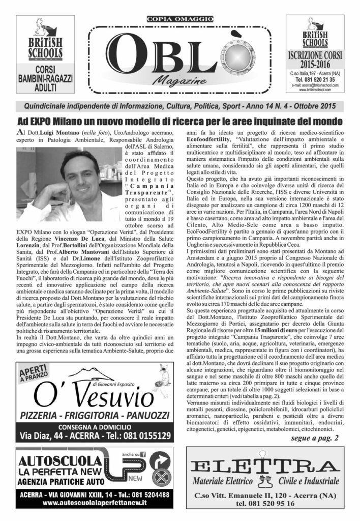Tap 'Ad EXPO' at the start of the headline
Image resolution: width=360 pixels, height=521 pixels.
(x=36, y=122)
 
